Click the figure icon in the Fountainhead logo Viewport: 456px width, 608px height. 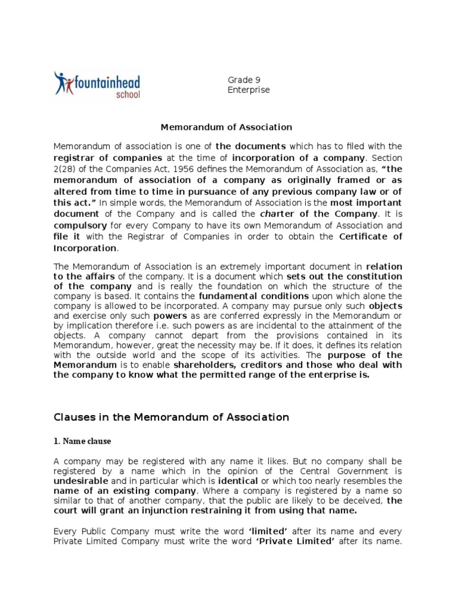62,83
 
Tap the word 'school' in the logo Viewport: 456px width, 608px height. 128,94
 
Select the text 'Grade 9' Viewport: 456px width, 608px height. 244,80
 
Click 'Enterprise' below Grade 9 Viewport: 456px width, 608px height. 249,90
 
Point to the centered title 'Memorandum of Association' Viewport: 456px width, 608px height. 227,126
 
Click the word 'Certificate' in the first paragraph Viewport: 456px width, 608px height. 370,236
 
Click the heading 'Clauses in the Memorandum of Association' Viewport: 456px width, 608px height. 171,417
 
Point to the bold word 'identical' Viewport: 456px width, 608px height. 237,480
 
